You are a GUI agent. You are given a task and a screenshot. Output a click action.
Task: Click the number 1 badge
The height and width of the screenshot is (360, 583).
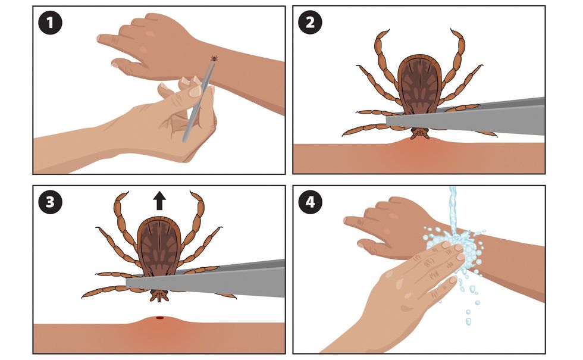click(x=50, y=23)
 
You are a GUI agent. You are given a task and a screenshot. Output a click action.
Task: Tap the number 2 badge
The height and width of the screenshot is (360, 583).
click(x=310, y=23)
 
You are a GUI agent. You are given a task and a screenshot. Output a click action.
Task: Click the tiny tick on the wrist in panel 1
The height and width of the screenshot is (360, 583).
click(x=214, y=58)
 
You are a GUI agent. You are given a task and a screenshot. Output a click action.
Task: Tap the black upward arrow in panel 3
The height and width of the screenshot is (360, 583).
click(x=159, y=201)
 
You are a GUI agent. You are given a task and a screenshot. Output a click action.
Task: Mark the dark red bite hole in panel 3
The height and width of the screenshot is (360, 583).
click(x=159, y=318)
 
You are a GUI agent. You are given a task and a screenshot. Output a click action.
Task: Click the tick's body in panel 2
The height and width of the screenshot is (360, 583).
click(x=420, y=84)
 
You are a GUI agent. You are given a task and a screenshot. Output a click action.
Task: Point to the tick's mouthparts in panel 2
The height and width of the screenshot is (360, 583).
click(x=420, y=133)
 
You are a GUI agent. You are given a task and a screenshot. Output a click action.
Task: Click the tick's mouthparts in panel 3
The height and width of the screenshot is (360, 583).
click(x=159, y=295)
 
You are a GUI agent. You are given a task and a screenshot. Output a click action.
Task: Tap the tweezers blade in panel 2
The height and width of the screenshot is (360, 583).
click(x=465, y=117)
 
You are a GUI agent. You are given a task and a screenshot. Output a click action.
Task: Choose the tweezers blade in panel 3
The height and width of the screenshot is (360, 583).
click(x=206, y=278)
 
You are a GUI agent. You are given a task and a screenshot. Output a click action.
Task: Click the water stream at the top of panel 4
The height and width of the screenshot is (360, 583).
click(x=453, y=208)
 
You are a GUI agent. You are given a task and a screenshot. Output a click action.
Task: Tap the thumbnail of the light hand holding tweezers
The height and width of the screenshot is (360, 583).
click(x=195, y=91)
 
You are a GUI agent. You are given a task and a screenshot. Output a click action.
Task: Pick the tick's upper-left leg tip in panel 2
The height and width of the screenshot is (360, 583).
click(x=388, y=30)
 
